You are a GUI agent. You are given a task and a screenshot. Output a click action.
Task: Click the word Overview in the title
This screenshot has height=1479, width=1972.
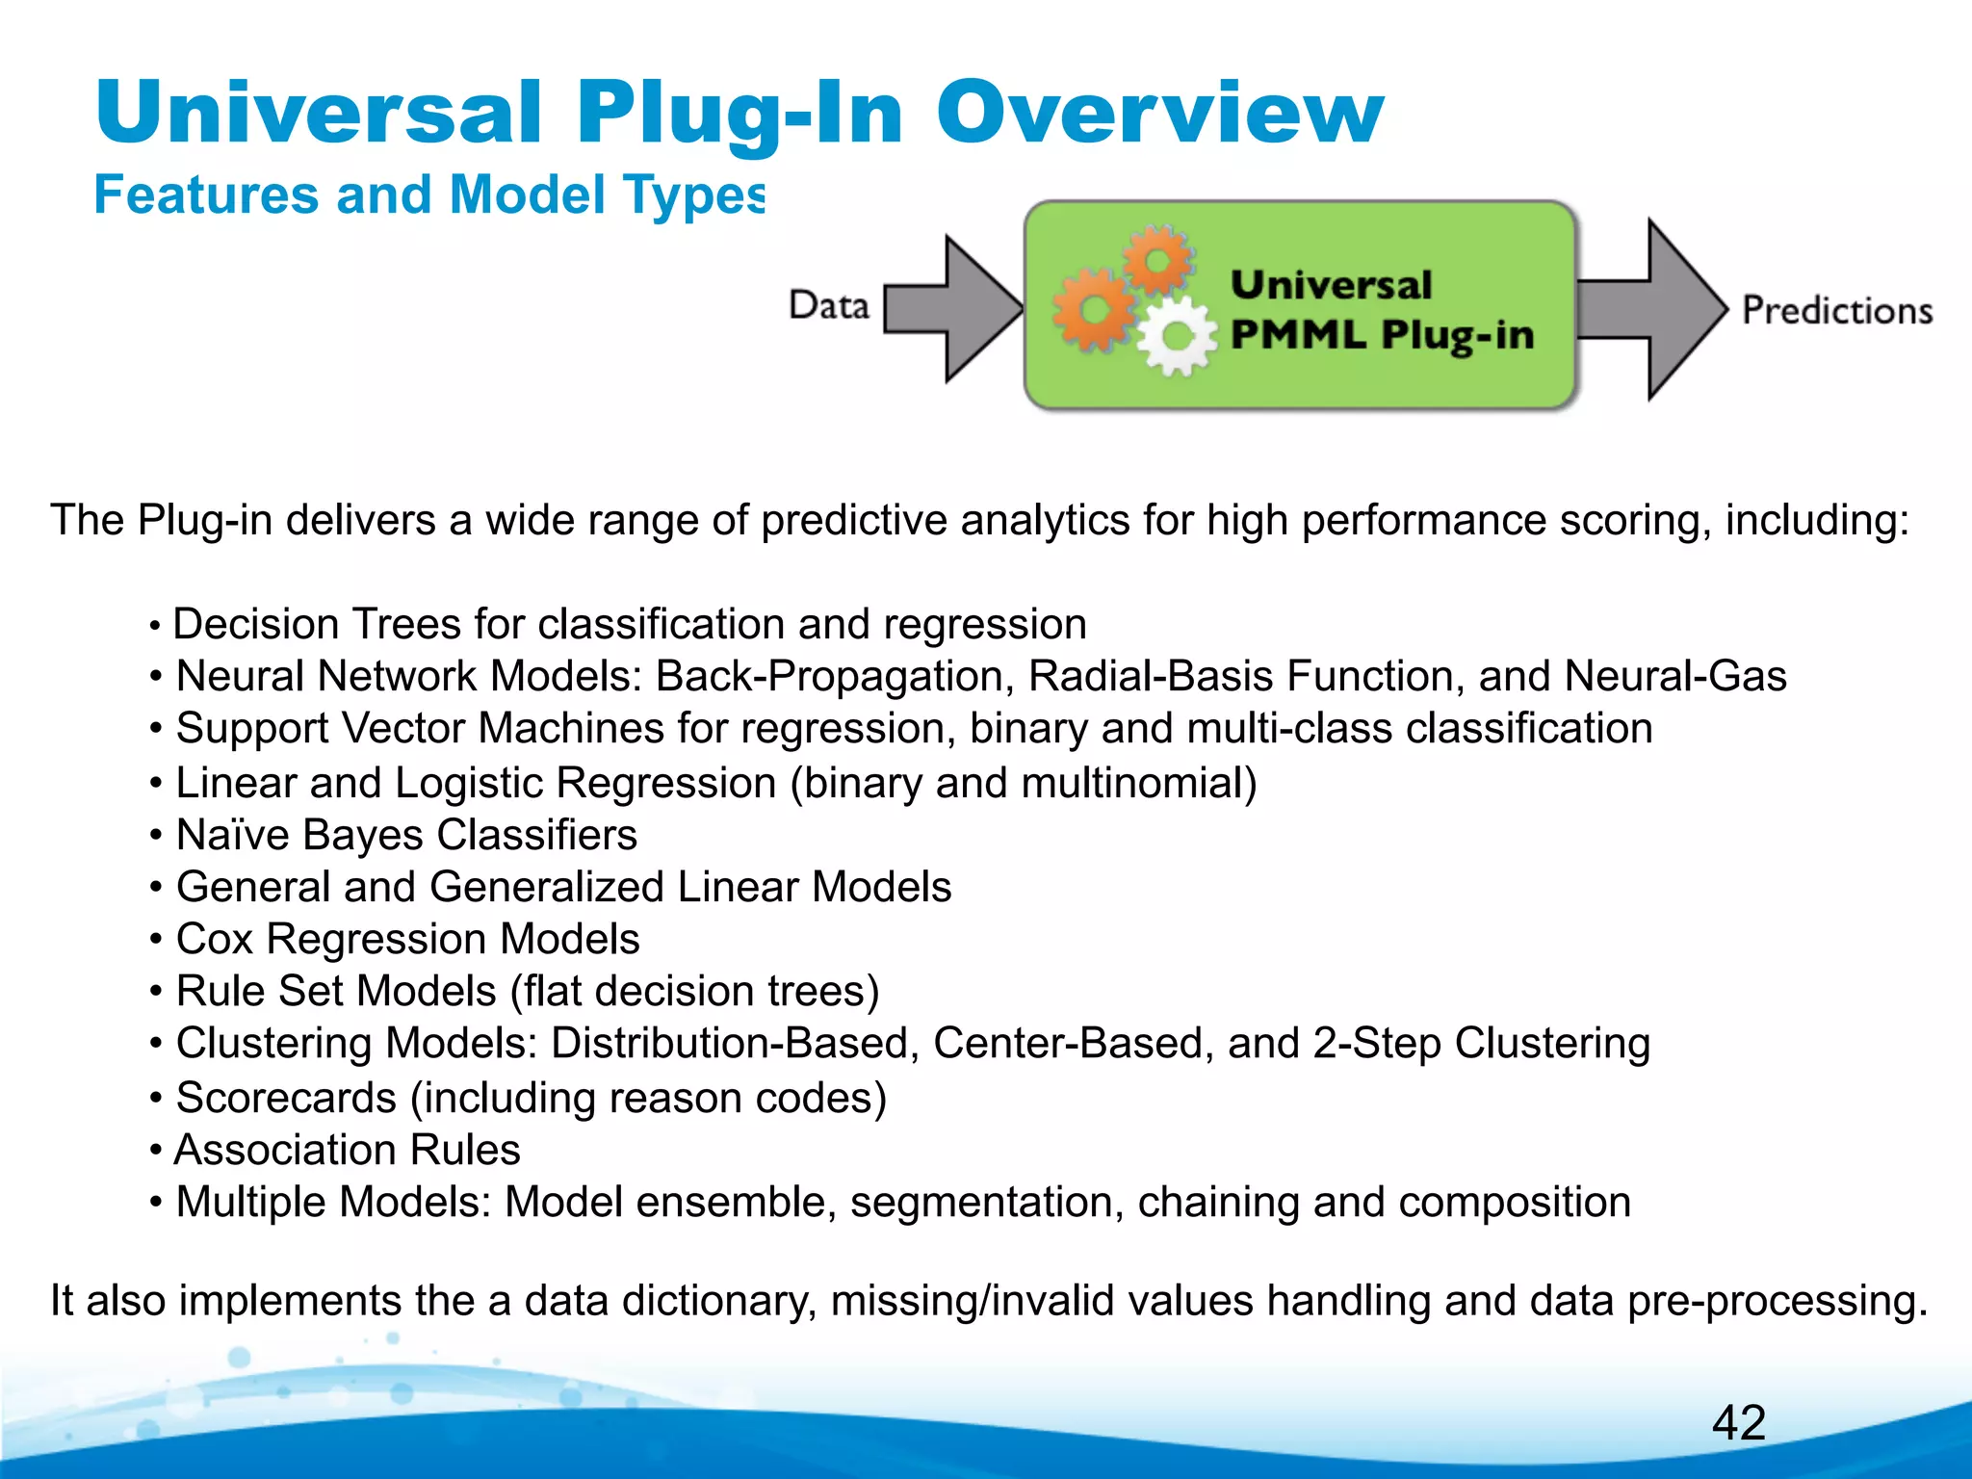[x=1159, y=114]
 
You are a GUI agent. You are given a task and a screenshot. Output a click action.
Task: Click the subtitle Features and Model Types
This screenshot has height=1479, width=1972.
[x=429, y=195]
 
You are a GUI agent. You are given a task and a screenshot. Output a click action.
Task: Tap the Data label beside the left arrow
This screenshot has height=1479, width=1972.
[x=828, y=305]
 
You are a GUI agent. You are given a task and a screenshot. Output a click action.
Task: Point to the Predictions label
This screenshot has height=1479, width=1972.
[x=1837, y=311]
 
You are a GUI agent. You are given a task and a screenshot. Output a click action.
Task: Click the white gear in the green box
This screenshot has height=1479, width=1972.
[x=1176, y=336]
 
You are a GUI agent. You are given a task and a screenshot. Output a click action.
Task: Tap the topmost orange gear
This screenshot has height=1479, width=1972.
[x=1158, y=259]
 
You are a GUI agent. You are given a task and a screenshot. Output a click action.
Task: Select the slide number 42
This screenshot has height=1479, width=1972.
[x=1739, y=1423]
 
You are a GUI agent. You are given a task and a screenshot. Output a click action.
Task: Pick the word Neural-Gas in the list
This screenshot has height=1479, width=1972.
[x=1675, y=676]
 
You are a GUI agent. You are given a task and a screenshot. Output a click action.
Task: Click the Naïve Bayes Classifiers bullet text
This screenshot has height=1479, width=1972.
[x=406, y=835]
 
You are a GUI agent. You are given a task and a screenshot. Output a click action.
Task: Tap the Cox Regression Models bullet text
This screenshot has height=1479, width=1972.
[x=407, y=939]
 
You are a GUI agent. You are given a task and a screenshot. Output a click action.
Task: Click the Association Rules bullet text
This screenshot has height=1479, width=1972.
[x=347, y=1150]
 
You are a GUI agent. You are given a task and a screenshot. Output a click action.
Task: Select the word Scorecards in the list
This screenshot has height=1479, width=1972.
[x=286, y=1098]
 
